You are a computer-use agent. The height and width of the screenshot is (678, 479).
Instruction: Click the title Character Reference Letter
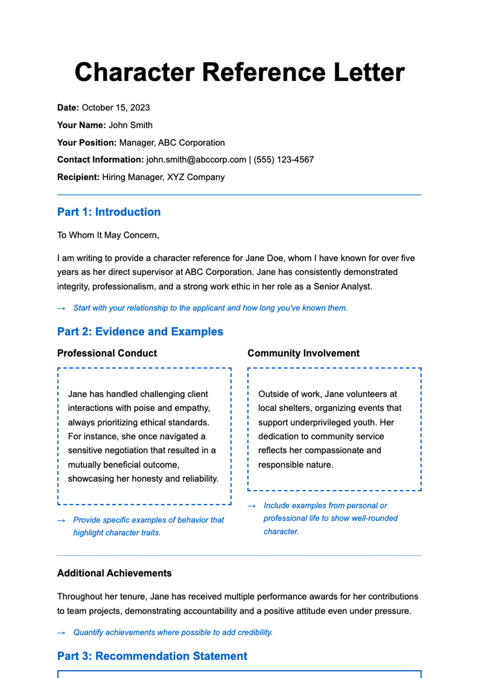(239, 72)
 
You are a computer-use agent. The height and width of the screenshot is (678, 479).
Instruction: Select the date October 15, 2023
(116, 108)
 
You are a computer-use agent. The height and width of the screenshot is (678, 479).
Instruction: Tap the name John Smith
(131, 125)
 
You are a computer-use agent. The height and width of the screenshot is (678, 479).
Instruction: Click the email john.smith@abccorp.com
(196, 160)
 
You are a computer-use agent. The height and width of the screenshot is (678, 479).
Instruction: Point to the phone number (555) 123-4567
(284, 160)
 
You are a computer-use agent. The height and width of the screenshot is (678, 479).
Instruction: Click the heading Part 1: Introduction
(109, 212)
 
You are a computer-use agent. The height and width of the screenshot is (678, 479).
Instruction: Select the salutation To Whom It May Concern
(108, 235)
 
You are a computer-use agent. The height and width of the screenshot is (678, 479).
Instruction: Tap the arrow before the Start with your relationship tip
(61, 308)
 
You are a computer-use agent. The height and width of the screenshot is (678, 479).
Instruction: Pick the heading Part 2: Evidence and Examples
(140, 332)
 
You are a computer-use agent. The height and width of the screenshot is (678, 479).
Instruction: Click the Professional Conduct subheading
(107, 354)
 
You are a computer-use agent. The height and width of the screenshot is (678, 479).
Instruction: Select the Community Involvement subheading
(303, 354)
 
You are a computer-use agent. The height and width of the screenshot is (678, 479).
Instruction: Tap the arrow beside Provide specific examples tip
(61, 521)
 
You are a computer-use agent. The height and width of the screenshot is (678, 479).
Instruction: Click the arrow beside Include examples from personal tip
(251, 506)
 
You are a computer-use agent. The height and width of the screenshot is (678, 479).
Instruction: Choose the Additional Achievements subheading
(115, 573)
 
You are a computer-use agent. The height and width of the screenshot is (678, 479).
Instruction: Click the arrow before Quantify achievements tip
(61, 633)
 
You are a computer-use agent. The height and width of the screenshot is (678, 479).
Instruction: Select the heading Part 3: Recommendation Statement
(152, 656)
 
